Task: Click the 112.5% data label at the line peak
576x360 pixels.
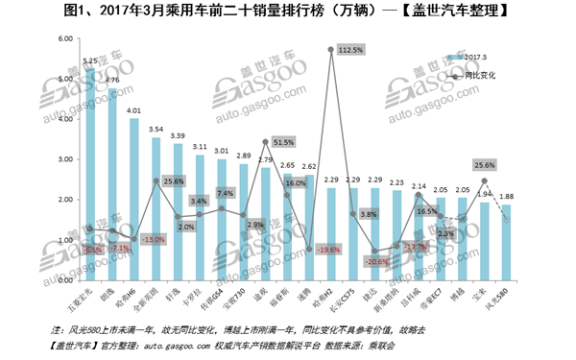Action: [351, 49]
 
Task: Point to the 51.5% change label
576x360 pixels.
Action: [283, 142]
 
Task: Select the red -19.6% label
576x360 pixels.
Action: [328, 250]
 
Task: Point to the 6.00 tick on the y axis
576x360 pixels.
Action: [65, 38]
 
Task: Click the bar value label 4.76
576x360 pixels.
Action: [112, 80]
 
